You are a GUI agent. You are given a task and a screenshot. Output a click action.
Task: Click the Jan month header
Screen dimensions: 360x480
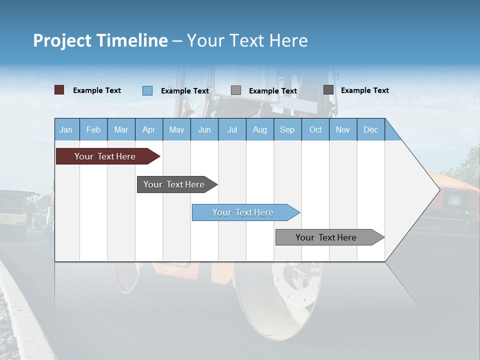click(x=66, y=129)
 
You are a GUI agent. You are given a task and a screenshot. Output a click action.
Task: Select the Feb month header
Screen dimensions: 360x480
click(x=93, y=129)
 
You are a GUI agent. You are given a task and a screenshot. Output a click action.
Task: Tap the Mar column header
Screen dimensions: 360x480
click(x=121, y=129)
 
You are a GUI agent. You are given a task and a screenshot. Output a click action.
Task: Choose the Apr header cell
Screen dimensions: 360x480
click(x=149, y=129)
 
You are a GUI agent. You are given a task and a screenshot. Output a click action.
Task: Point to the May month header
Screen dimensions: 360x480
click(x=176, y=129)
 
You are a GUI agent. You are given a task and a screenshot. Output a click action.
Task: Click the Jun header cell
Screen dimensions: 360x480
click(x=204, y=129)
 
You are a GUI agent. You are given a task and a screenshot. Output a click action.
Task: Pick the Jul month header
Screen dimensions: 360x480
click(x=232, y=129)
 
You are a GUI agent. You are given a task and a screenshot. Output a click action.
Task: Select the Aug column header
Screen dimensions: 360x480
click(x=260, y=129)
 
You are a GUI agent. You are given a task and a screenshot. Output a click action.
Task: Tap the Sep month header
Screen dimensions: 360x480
click(x=287, y=129)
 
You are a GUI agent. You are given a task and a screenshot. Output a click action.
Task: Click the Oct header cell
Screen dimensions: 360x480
click(x=315, y=129)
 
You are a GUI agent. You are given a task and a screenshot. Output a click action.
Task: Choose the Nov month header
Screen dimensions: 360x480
click(x=343, y=129)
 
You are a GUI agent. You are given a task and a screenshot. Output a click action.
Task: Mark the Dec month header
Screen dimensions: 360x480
click(x=371, y=129)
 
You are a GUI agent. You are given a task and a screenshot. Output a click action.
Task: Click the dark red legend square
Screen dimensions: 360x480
click(x=59, y=90)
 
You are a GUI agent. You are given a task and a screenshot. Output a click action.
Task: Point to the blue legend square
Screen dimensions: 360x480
click(x=147, y=90)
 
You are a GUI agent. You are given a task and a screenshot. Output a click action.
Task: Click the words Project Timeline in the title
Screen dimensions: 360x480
click(x=100, y=40)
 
